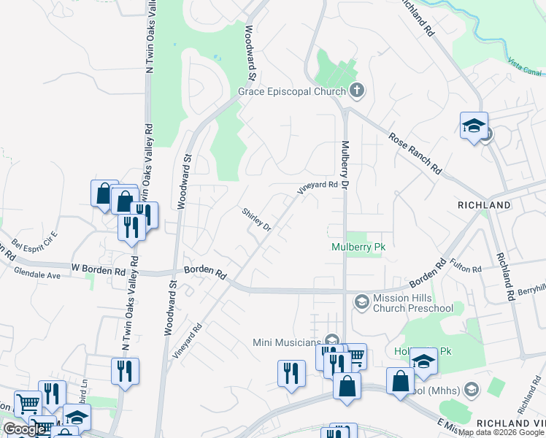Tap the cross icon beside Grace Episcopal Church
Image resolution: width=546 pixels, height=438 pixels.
356,91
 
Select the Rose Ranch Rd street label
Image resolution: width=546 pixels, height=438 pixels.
415,153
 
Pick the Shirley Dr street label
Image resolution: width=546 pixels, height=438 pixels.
257,219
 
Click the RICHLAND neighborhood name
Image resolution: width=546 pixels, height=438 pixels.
484,206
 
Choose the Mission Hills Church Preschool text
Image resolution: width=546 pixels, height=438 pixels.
412,303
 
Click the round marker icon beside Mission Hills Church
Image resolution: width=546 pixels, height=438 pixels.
361,301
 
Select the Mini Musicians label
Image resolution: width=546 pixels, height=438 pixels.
287,342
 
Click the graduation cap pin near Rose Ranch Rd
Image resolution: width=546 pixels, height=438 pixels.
473,126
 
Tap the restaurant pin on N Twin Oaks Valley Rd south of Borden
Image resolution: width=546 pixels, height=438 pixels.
125,371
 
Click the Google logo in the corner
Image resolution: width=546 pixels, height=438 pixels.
24,429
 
